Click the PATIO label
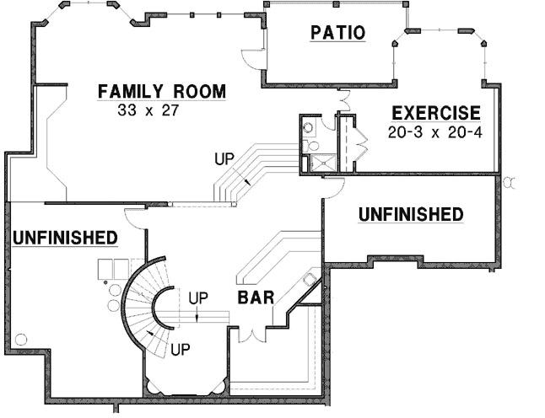point(337,34)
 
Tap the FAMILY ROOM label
point(161,91)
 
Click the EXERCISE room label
point(435,113)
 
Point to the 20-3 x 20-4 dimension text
point(434,132)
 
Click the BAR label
point(254,297)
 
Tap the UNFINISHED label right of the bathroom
point(411,215)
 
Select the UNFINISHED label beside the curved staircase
point(64,238)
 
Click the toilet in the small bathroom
point(309,128)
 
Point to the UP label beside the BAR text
point(197,297)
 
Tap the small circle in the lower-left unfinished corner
point(21,339)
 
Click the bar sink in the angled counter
point(310,279)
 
